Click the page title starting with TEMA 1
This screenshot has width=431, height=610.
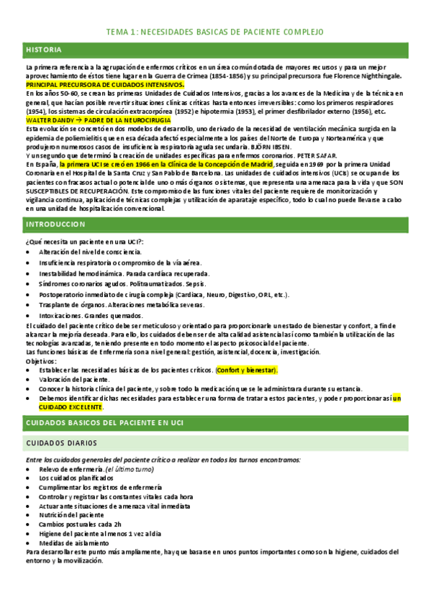(x=215, y=32)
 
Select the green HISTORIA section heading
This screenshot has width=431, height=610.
(x=44, y=50)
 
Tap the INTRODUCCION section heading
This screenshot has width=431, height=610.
(x=55, y=224)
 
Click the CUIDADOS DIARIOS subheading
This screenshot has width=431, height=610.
(x=60, y=442)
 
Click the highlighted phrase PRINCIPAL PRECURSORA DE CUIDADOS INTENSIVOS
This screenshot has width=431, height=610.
(x=105, y=84)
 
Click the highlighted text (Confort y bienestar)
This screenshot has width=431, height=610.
(x=247, y=370)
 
